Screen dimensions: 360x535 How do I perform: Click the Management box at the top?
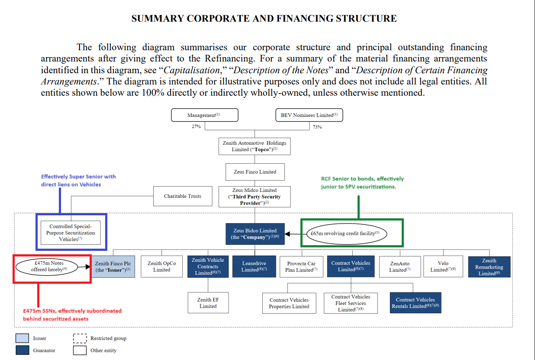(x=204, y=115)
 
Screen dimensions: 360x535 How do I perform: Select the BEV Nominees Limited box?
(x=309, y=115)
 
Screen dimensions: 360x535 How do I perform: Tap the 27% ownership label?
(x=196, y=127)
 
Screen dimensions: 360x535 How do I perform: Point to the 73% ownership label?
(x=317, y=127)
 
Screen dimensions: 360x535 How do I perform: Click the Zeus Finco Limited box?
(x=255, y=172)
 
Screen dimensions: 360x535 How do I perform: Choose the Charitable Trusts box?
(x=183, y=196)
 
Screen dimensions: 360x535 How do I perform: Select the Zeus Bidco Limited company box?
(x=255, y=234)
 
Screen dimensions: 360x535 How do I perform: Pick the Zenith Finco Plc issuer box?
(x=113, y=266)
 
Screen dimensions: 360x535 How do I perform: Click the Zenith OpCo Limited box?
(x=161, y=266)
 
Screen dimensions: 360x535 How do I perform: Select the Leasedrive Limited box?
(x=254, y=266)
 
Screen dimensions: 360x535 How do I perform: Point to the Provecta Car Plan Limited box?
(x=301, y=266)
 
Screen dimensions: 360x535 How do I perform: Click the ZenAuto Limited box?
(x=400, y=266)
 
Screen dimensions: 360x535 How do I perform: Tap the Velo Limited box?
(x=443, y=266)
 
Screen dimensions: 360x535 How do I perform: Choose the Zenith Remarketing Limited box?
(x=489, y=266)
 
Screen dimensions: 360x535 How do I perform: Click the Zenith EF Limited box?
(x=208, y=303)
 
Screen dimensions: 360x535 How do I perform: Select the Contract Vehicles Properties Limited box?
(x=289, y=303)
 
